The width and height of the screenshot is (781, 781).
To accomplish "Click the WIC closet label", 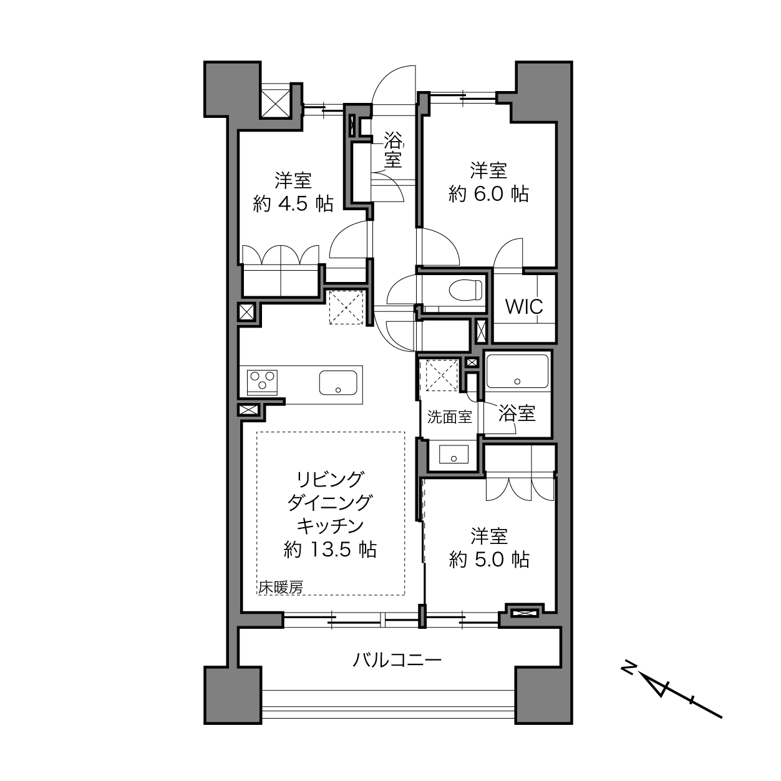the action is tap(524, 307).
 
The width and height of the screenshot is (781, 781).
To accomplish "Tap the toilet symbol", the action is tap(465, 289).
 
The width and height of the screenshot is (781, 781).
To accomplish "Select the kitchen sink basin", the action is tap(338, 382).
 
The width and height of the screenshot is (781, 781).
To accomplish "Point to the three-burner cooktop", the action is tap(262, 382).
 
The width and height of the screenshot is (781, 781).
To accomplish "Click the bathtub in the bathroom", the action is tap(517, 372).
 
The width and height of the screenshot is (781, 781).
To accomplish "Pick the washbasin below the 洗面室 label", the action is tap(454, 454).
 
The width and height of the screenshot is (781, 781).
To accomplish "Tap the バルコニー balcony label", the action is tap(396, 660).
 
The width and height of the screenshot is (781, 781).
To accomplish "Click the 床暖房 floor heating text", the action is tap(281, 587).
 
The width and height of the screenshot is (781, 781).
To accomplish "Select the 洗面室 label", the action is tap(450, 417).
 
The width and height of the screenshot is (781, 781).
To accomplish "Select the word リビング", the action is tap(330, 480).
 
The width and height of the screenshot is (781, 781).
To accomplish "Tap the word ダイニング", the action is tap(330, 503).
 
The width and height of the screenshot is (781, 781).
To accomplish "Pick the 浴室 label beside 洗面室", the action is tap(517, 414).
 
